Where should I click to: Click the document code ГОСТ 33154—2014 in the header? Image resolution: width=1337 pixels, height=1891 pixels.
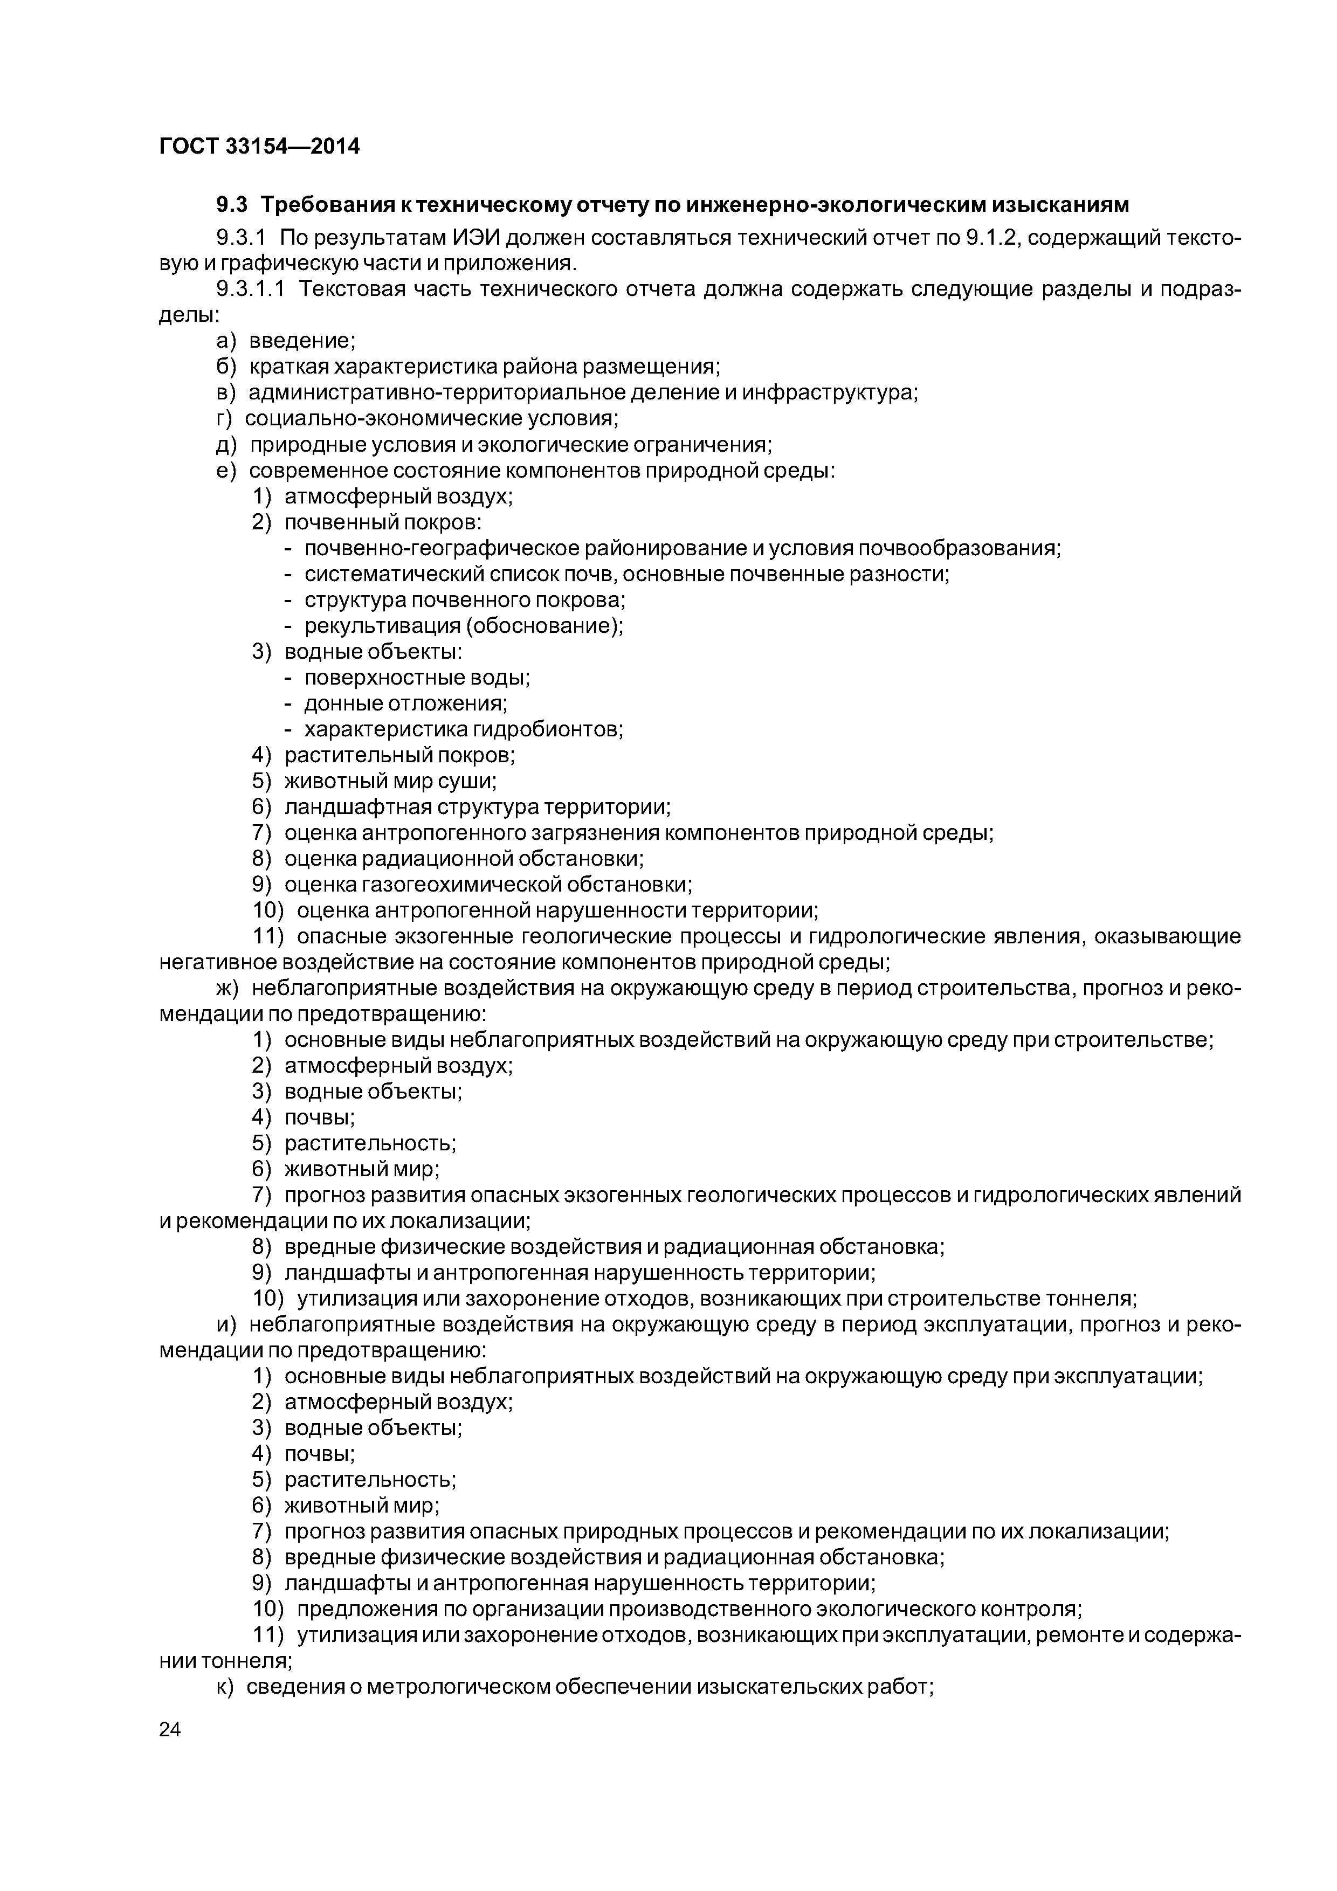[259, 147]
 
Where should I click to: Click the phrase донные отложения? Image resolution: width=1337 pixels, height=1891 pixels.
[405, 703]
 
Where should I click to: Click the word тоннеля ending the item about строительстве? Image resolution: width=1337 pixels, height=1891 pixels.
[1090, 1299]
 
